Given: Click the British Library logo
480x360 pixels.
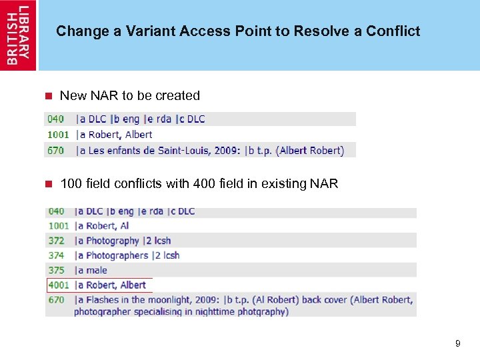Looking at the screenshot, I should click(19, 35).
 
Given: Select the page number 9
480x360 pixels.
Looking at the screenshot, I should click(457, 343).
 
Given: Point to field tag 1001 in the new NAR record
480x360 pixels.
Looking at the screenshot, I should click(57, 135).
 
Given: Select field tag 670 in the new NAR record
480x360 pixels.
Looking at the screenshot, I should click(56, 151).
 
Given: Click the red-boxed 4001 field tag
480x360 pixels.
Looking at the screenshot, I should click(59, 285).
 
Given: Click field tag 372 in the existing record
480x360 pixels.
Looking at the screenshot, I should click(56, 241).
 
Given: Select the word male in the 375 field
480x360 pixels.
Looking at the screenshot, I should click(97, 270).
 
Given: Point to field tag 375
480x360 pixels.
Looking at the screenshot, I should click(56, 270).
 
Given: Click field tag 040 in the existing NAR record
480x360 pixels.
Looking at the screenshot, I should click(56, 211).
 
